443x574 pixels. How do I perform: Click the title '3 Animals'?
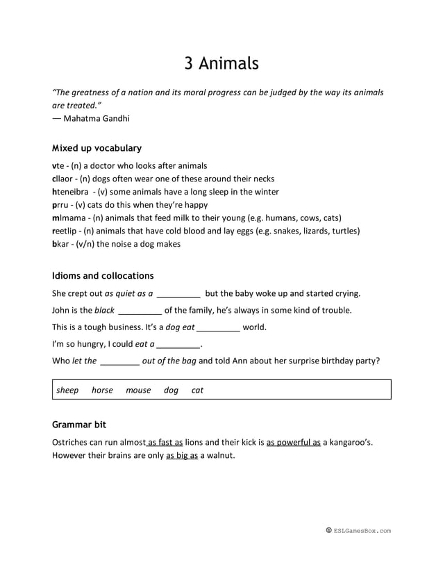coord(221,63)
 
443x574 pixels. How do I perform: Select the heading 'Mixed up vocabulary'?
coord(97,148)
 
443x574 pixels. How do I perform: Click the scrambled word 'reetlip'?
coord(66,231)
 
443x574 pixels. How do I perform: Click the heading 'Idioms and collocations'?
coord(103,276)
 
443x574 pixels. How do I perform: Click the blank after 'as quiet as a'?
coord(178,294)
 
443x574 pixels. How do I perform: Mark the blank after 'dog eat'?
coord(218,327)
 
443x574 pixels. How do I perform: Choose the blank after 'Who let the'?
coord(119,361)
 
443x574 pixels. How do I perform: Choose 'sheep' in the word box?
coord(67,391)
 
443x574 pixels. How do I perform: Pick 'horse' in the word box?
coord(102,391)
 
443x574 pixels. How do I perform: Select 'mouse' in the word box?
coord(138,391)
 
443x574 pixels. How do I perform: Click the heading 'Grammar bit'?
coord(79,424)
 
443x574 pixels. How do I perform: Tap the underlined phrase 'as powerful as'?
coord(293,442)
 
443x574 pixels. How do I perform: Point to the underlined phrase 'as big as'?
coord(182,456)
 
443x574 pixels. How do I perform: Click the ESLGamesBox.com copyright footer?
coord(358,531)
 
